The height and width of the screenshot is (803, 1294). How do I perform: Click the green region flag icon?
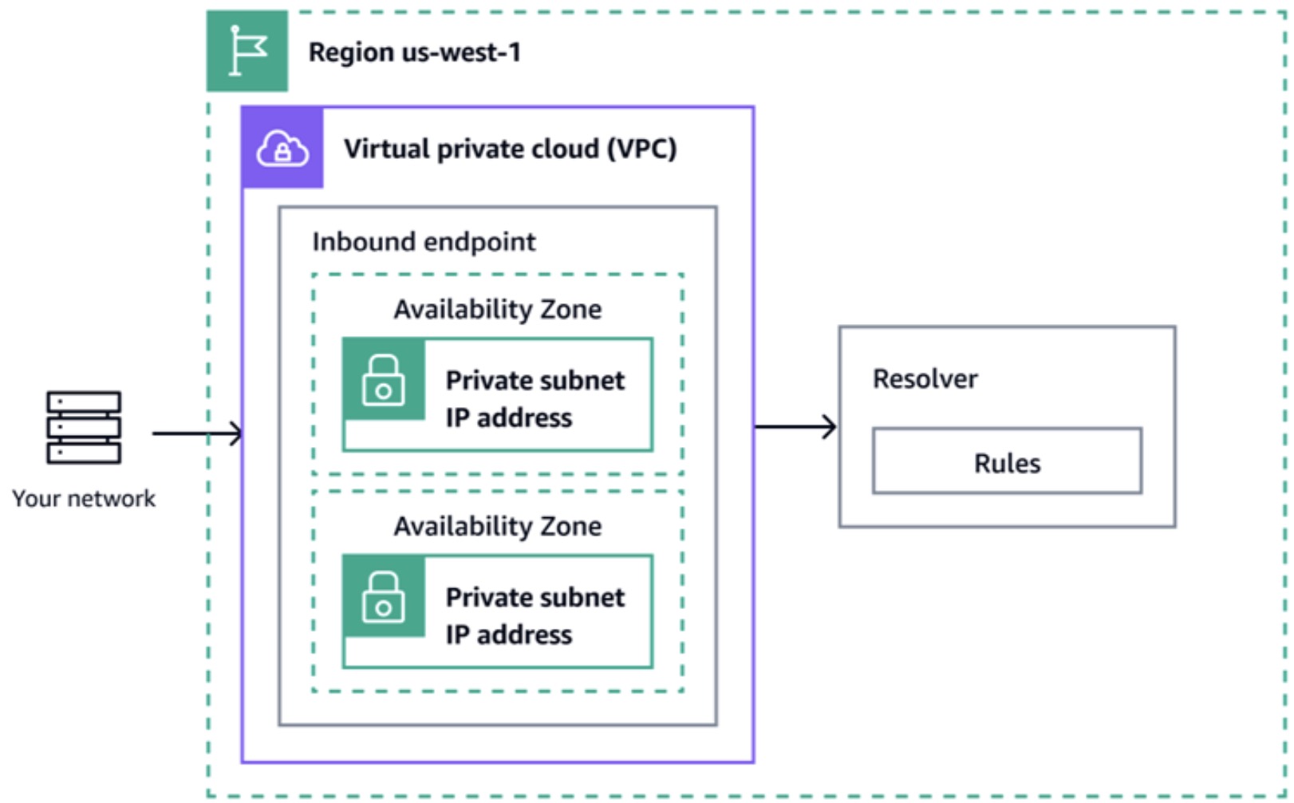(x=247, y=50)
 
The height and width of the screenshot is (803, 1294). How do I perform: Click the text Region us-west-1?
(x=414, y=53)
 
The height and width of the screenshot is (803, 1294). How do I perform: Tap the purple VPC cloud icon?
(x=282, y=148)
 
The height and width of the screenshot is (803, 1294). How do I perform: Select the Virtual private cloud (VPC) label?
(x=509, y=149)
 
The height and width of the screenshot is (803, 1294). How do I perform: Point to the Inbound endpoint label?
(x=424, y=242)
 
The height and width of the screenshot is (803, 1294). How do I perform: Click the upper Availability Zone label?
(x=497, y=309)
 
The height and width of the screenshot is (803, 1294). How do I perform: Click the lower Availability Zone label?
(x=497, y=526)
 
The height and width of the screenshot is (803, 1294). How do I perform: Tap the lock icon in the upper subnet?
(x=384, y=380)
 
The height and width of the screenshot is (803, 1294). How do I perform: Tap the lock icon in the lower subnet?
(x=384, y=597)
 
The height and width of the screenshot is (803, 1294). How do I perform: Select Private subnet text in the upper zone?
(x=535, y=381)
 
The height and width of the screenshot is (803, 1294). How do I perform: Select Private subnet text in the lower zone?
(x=535, y=598)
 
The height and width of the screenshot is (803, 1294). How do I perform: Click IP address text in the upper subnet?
(x=508, y=418)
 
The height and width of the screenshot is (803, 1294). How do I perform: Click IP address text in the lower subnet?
(x=508, y=635)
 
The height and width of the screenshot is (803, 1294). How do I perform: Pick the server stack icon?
(x=84, y=427)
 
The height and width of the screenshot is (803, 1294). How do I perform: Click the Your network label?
(x=84, y=499)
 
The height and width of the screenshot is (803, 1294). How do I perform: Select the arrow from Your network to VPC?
(x=196, y=433)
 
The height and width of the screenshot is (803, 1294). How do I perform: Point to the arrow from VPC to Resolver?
(x=795, y=427)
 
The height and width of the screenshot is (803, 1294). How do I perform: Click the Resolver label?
(x=925, y=379)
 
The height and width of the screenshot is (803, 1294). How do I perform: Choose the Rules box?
(x=1007, y=461)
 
